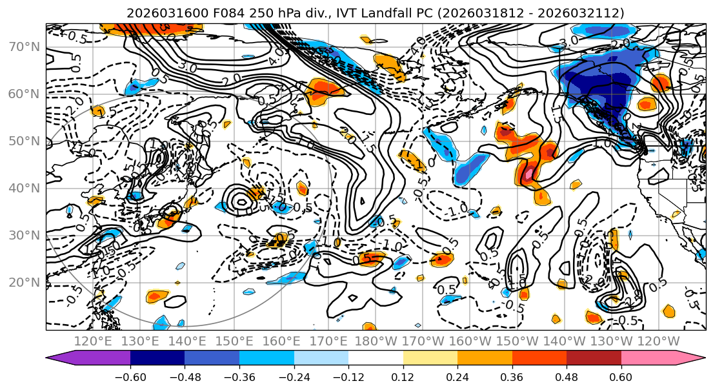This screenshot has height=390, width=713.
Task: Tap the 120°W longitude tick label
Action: (659, 341)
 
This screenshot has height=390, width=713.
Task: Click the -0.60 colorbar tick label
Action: (130, 376)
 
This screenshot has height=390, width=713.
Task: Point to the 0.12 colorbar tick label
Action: (403, 376)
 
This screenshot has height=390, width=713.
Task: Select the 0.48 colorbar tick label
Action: (567, 376)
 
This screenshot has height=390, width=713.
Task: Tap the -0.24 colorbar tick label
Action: (294, 376)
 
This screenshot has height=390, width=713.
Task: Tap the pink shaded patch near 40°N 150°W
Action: (528, 173)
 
